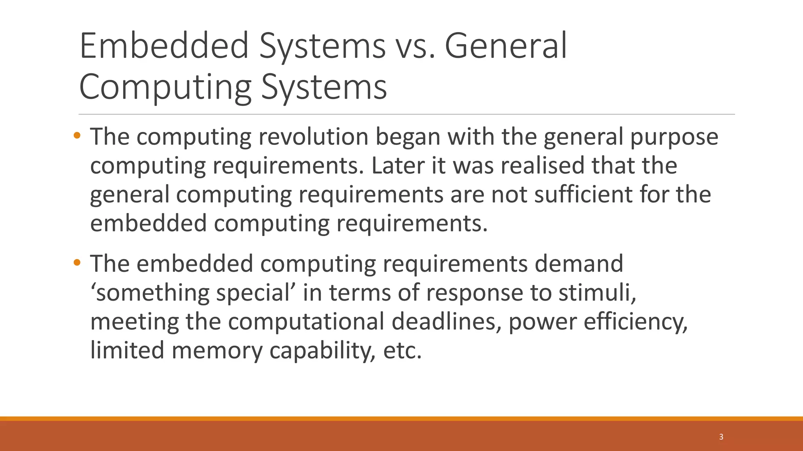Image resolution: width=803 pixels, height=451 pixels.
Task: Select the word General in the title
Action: coord(506,46)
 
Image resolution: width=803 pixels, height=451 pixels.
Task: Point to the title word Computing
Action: coord(165,87)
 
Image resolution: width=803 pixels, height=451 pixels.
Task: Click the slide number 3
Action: coord(721,437)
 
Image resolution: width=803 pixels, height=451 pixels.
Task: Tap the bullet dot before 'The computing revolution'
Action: coord(77,136)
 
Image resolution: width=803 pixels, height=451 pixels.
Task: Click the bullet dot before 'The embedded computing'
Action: coord(77,262)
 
